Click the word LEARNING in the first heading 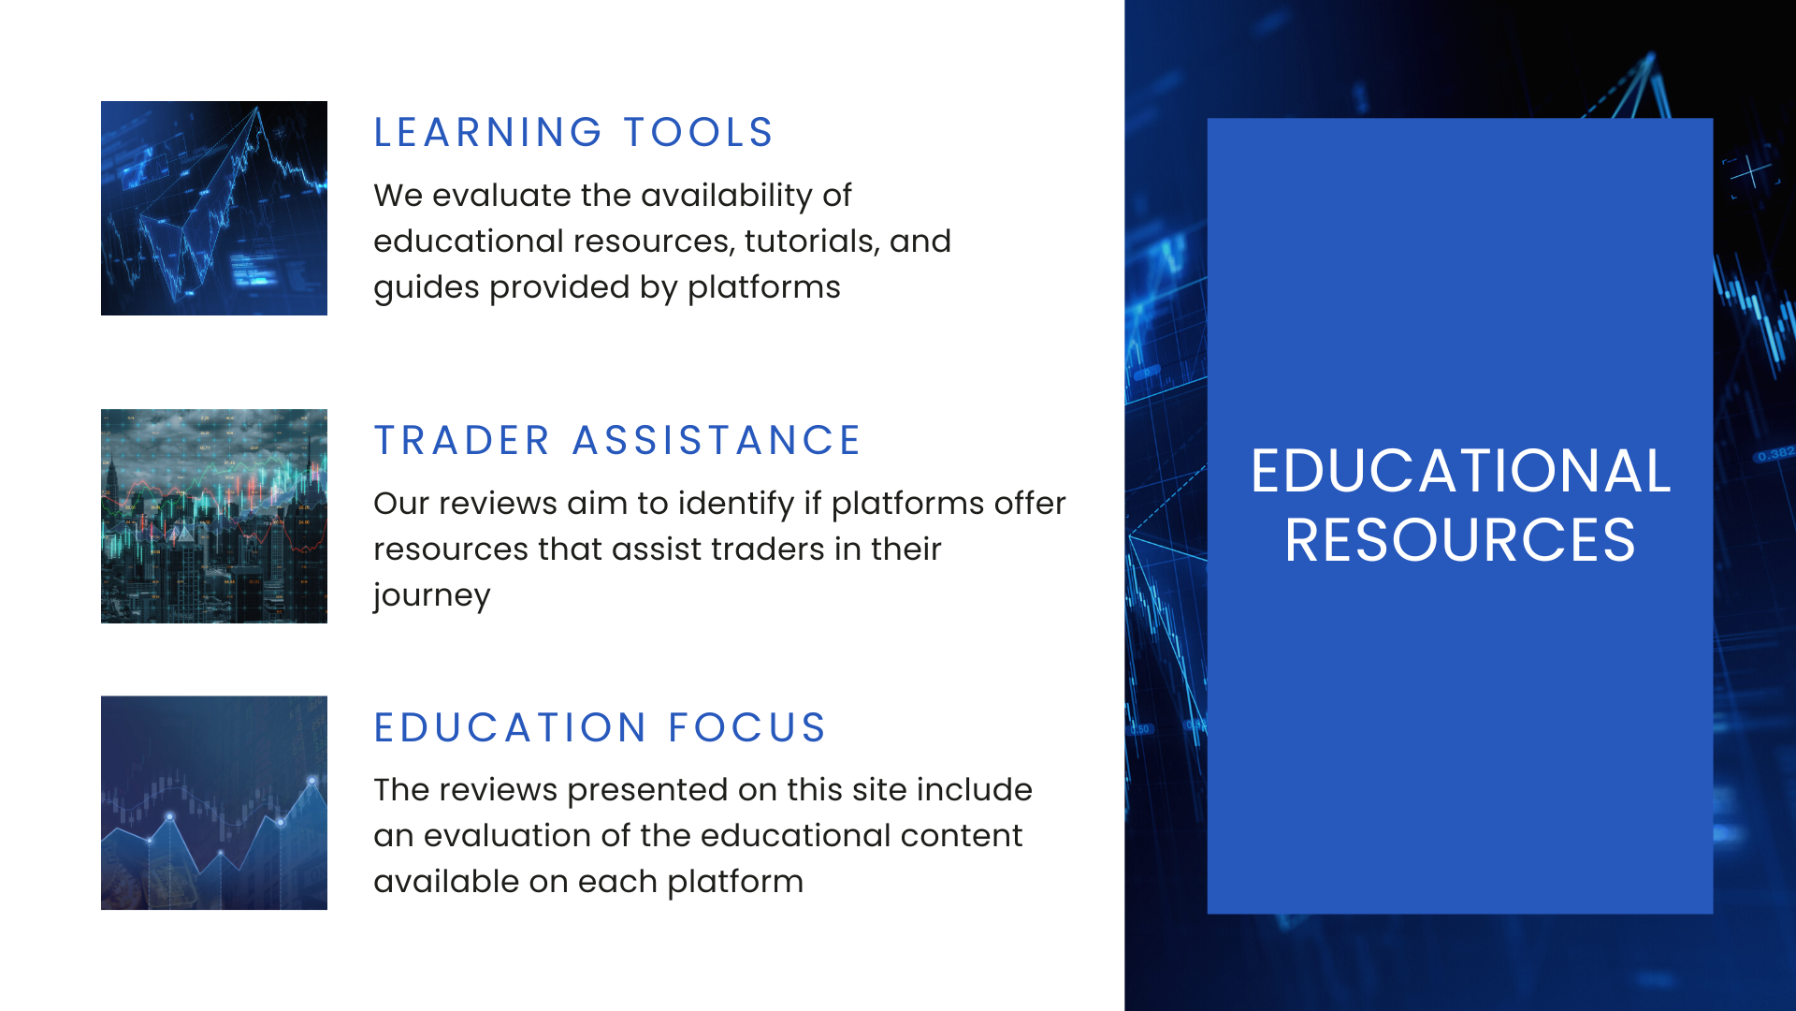point(487,133)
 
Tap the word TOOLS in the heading point(698,133)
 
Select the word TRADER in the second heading point(462,441)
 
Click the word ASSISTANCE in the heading point(716,441)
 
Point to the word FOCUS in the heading point(746,728)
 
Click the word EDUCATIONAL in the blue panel point(1459,471)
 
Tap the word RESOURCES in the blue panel point(1459,540)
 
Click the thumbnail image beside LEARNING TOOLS point(214,208)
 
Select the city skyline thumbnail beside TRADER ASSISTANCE point(214,516)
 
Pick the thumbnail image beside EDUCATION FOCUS point(214,802)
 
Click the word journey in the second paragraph point(431,596)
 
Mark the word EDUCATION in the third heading point(510,728)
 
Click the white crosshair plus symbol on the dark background point(1749,172)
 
